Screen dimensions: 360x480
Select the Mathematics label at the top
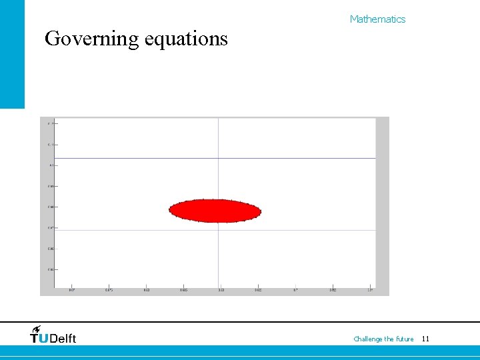point(377,19)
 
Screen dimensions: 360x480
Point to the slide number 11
point(425,339)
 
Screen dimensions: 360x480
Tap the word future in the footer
point(404,339)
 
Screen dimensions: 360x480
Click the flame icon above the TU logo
point(36,329)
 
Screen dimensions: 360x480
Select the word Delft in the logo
point(63,339)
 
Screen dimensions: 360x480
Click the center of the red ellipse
point(215,211)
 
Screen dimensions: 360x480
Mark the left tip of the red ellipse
point(170,211)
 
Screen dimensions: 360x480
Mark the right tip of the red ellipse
point(260,211)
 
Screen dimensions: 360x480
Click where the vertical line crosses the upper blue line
point(219,158)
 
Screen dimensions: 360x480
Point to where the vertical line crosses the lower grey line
point(219,230)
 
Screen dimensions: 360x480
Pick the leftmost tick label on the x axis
point(72,290)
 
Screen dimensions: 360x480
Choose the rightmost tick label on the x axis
point(369,290)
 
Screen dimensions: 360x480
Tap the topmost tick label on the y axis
point(51,123)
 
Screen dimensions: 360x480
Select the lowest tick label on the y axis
point(51,269)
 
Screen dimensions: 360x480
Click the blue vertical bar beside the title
point(12,53)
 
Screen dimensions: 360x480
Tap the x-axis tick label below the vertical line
point(220,290)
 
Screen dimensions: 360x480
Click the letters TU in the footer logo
point(39,339)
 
